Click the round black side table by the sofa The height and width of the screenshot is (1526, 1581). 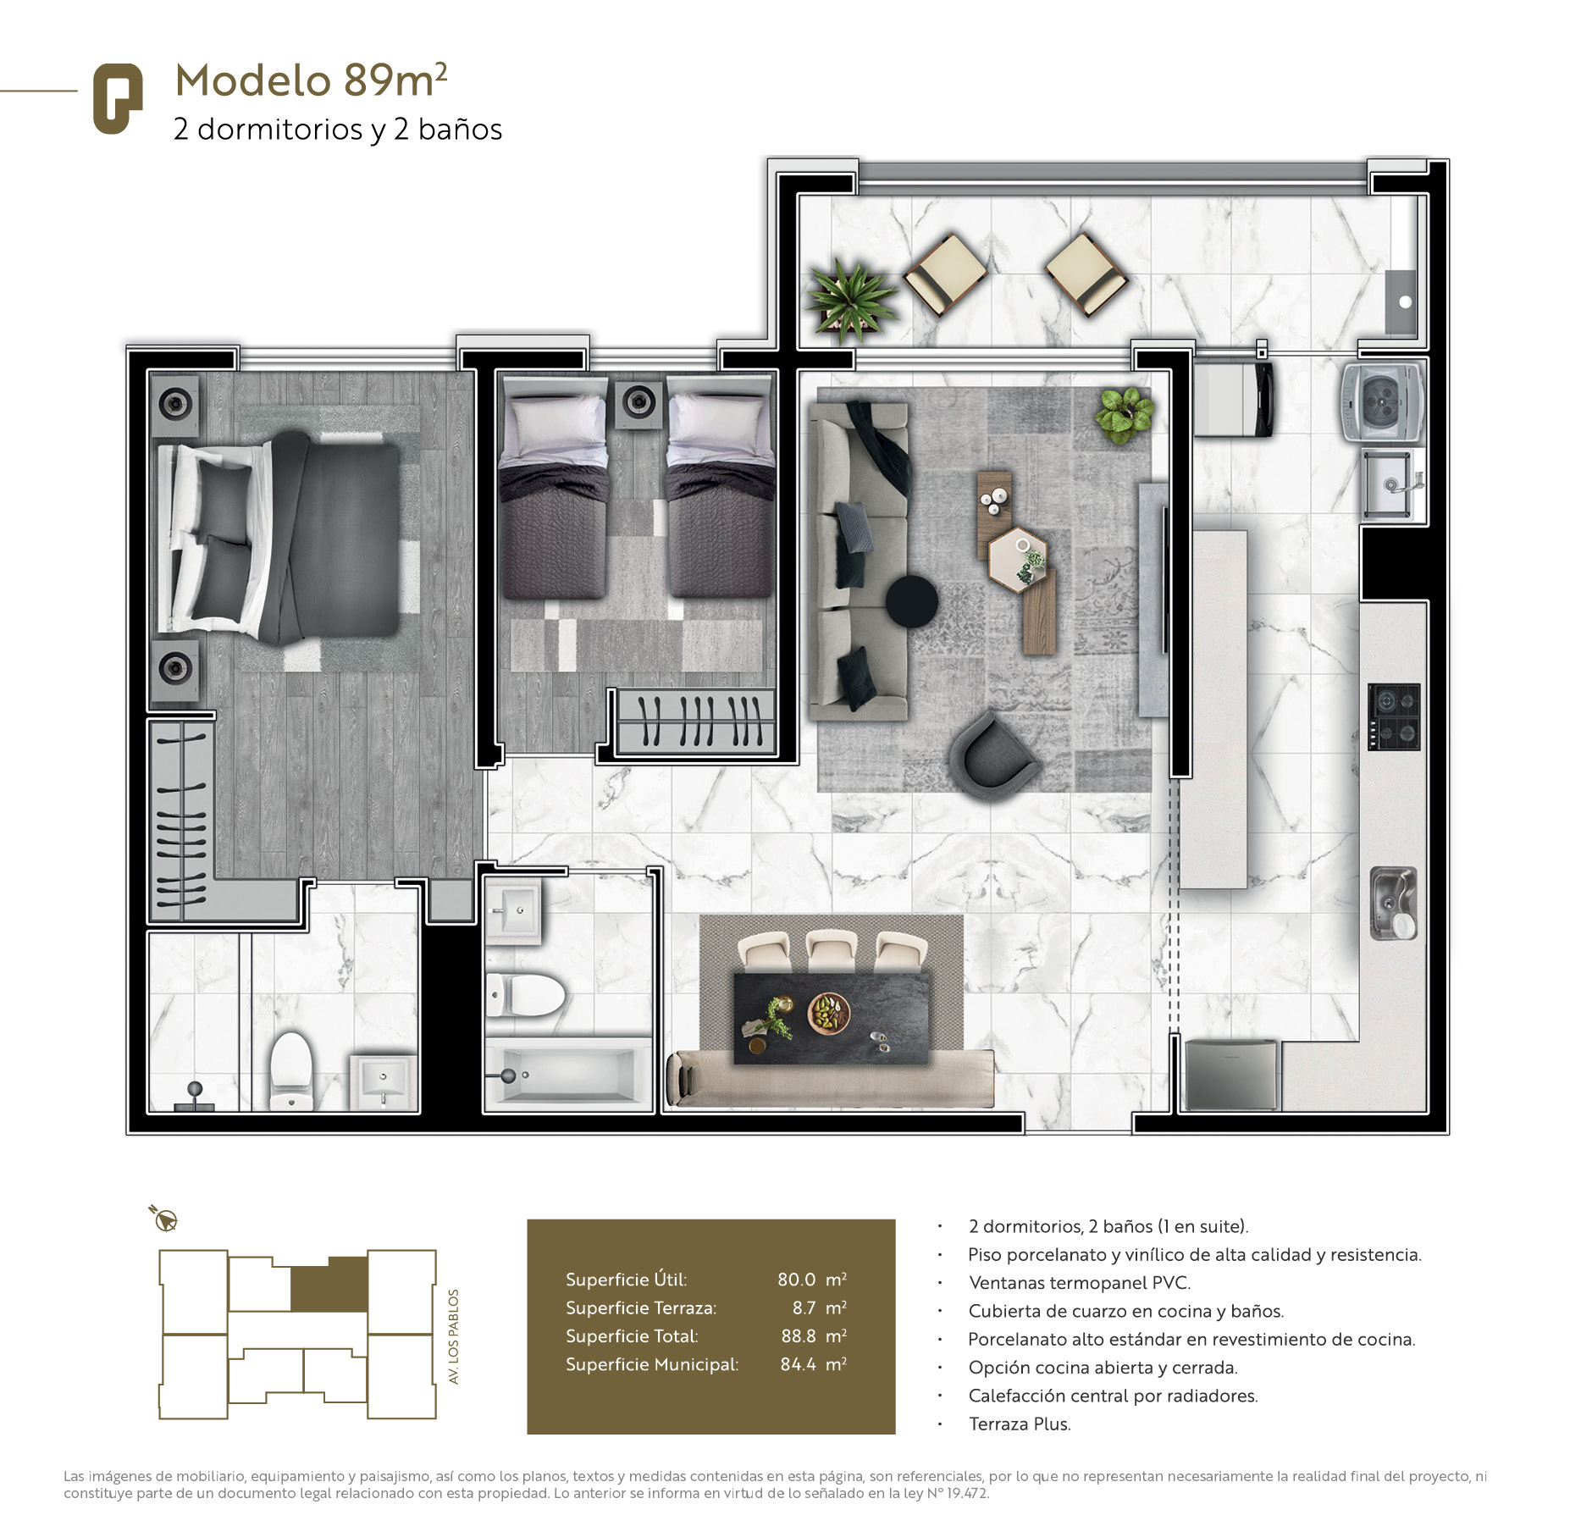912,600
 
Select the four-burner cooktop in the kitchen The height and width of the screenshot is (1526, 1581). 1394,716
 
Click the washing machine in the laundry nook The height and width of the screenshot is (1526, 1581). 1382,401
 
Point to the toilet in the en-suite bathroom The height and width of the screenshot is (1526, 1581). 291,1070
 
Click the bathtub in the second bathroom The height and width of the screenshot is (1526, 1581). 567,1075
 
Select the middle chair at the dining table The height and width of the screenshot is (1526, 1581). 831,952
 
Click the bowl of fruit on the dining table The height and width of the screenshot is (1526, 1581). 829,1013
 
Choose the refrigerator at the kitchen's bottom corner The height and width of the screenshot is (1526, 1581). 1230,1075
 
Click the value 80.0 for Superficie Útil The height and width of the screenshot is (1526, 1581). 796,1280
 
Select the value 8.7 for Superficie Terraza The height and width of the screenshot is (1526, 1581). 804,1308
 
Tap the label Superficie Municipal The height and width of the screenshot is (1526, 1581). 652,1365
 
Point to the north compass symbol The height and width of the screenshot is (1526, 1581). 164,1219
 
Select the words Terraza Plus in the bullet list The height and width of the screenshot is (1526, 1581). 1020,1424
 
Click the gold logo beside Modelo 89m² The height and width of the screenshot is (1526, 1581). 118,98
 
